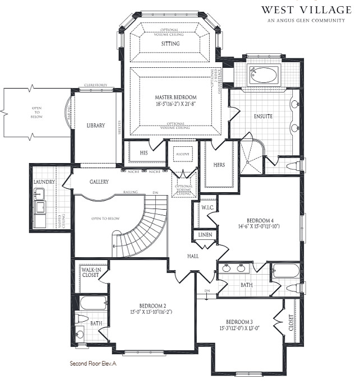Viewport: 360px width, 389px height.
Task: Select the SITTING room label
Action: click(170, 44)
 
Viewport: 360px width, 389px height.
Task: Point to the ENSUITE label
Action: click(262, 116)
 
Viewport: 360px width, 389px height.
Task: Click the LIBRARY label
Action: click(96, 126)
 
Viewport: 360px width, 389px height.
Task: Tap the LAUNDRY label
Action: click(44, 182)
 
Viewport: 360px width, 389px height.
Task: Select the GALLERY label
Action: click(99, 182)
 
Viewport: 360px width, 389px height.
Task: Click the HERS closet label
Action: click(219, 165)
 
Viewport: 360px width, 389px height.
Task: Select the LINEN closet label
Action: click(205, 235)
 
